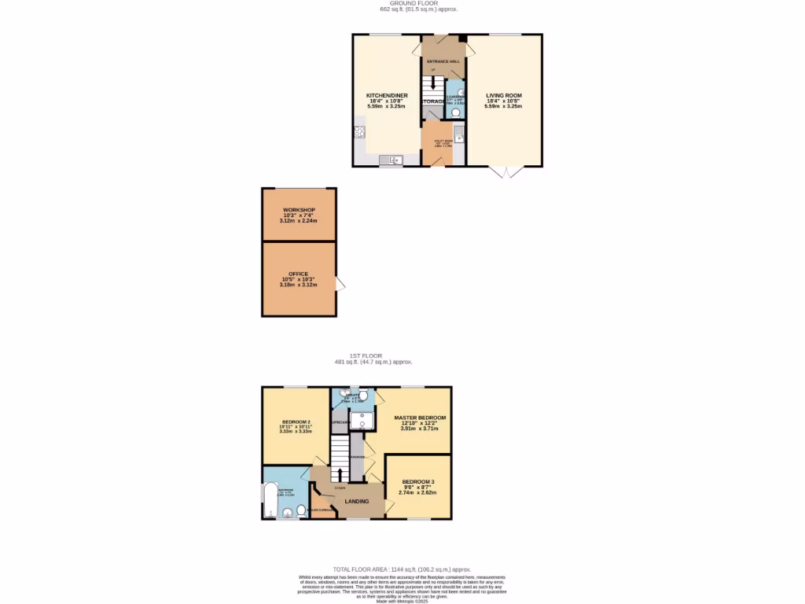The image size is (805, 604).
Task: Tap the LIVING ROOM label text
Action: tap(503, 95)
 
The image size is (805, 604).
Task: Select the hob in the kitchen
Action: tap(361, 132)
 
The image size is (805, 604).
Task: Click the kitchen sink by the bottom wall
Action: tap(391, 160)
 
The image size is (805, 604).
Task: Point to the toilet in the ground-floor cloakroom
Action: tap(455, 112)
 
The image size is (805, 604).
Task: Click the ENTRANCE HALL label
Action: tap(443, 61)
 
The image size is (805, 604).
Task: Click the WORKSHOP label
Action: tap(299, 210)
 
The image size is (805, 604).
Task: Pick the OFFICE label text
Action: tap(299, 274)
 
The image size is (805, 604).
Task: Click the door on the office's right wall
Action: tap(340, 284)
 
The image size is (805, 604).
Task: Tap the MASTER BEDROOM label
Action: tap(420, 418)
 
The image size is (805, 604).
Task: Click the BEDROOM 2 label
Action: tap(296, 422)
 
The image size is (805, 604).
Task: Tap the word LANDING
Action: tap(357, 501)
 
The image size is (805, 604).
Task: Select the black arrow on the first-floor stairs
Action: tap(340, 473)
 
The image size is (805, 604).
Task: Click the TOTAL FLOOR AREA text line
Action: tap(402, 569)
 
